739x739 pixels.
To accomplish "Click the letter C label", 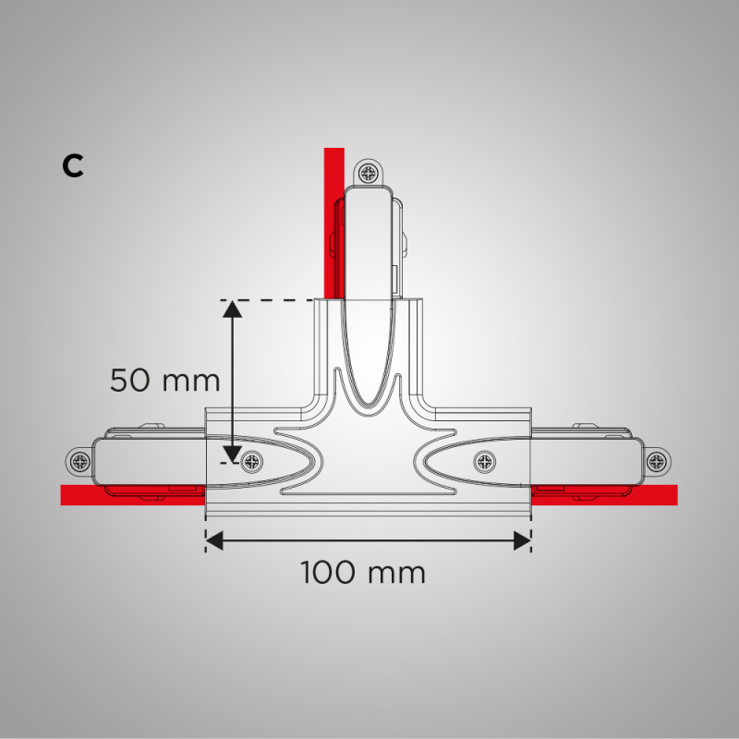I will click(x=73, y=165).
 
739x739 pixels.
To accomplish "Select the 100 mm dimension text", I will click(x=363, y=573).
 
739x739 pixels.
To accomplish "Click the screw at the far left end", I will click(x=79, y=461).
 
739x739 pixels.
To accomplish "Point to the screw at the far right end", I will click(x=656, y=461).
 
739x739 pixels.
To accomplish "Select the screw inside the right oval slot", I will click(x=484, y=460).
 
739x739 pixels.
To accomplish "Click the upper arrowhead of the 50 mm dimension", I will click(x=232, y=309).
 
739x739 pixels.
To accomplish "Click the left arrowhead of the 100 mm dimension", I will click(x=213, y=540).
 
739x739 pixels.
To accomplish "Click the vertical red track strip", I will click(x=333, y=222).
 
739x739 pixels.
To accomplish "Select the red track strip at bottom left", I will click(x=129, y=496).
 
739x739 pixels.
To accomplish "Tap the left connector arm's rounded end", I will click(x=102, y=461).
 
